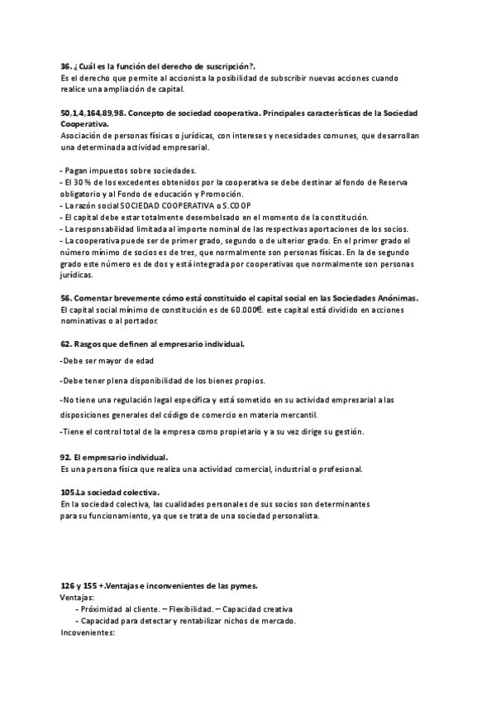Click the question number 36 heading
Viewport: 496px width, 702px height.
[x=67, y=66]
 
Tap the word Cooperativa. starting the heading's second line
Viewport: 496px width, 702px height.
[x=84, y=123]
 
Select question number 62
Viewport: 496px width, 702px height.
[x=66, y=344]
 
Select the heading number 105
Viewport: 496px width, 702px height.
[x=70, y=493]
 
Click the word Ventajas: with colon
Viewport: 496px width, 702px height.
[x=78, y=597]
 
